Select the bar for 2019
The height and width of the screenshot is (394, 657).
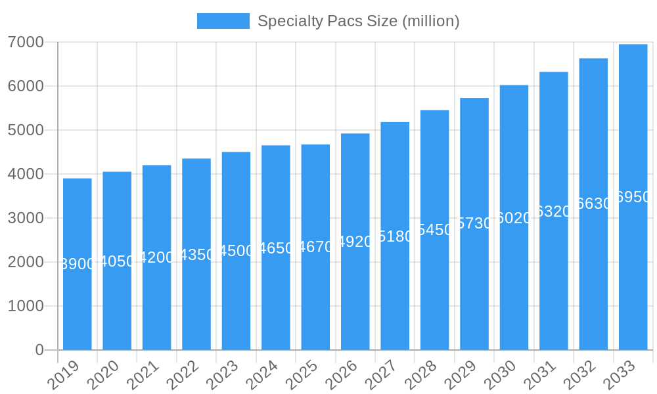[78, 264]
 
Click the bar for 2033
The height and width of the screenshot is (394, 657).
[633, 197]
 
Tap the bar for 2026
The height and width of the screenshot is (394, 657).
[355, 242]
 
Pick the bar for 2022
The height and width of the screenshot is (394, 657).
[196, 254]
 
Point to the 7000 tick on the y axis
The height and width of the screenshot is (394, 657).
[26, 43]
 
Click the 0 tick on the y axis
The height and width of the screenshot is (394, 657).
[39, 350]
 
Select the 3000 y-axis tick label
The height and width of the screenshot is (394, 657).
[26, 218]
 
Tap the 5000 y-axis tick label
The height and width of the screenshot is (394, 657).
[26, 130]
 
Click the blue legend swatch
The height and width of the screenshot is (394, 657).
[223, 21]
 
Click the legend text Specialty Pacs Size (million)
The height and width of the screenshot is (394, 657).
[358, 21]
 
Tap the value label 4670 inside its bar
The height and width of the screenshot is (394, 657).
[315, 248]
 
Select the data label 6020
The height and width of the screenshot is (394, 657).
[514, 218]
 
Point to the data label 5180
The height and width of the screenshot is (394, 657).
[395, 236]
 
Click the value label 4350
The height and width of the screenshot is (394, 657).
[196, 255]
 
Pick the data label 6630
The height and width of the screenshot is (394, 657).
[593, 204]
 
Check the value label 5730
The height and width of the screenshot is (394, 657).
[474, 223]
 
